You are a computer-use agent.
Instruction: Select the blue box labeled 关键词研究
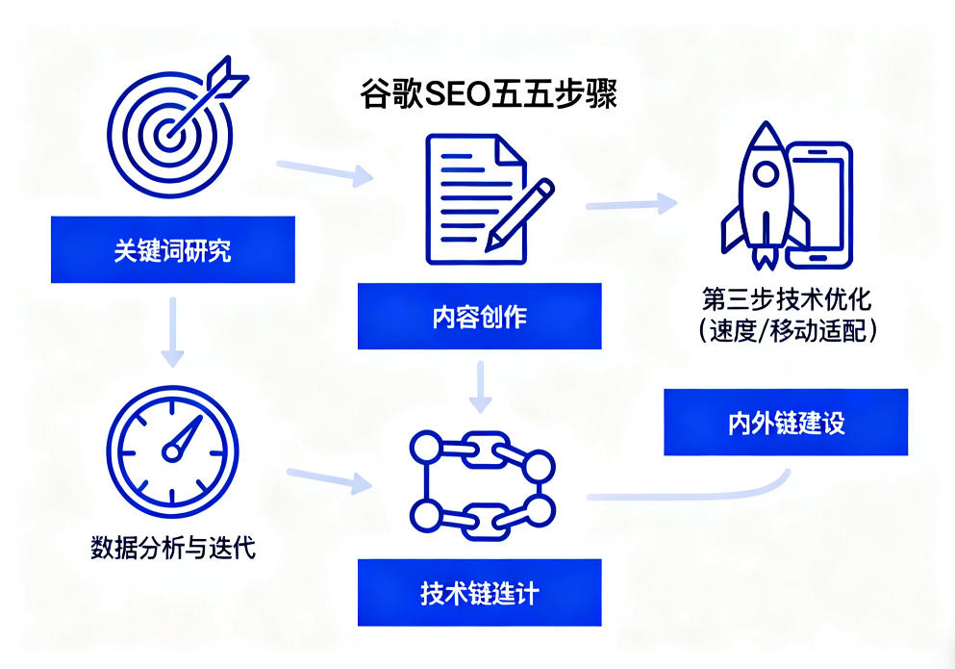[172, 251]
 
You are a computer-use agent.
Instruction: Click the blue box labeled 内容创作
[479, 316]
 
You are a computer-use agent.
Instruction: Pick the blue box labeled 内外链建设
[785, 422]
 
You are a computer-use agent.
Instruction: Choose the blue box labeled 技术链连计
[479, 592]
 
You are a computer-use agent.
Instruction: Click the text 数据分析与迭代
[172, 550]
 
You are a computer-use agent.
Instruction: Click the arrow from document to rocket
[631, 203]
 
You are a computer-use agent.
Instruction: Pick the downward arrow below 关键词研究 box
[172, 331]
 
